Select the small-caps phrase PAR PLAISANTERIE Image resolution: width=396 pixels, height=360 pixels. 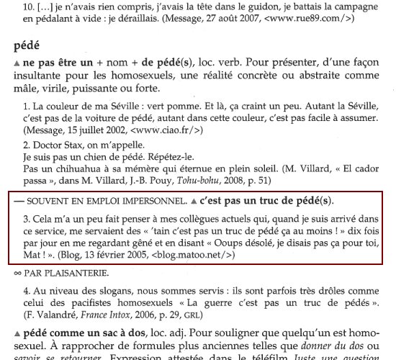coord(58,273)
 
